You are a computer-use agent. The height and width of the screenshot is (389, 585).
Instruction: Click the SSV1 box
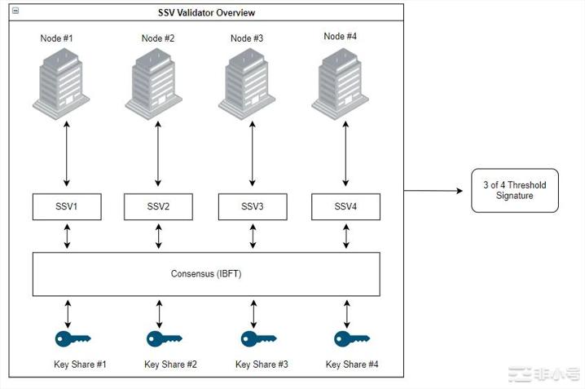(67, 206)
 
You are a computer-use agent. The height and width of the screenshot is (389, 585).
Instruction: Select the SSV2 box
(158, 206)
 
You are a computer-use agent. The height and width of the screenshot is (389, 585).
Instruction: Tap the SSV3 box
(253, 206)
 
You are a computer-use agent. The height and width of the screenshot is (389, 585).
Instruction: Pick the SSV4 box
(346, 206)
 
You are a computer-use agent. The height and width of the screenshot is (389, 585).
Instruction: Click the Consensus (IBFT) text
(206, 274)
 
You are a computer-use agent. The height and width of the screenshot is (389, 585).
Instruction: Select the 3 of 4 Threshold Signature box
(515, 190)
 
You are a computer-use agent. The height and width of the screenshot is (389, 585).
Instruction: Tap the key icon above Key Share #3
(258, 338)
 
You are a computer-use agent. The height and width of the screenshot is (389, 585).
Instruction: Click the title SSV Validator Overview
(206, 12)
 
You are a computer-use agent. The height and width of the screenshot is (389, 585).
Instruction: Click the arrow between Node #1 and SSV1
(67, 153)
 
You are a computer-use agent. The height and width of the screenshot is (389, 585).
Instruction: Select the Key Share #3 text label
(262, 365)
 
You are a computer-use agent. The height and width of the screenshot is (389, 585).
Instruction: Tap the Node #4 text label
(340, 36)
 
